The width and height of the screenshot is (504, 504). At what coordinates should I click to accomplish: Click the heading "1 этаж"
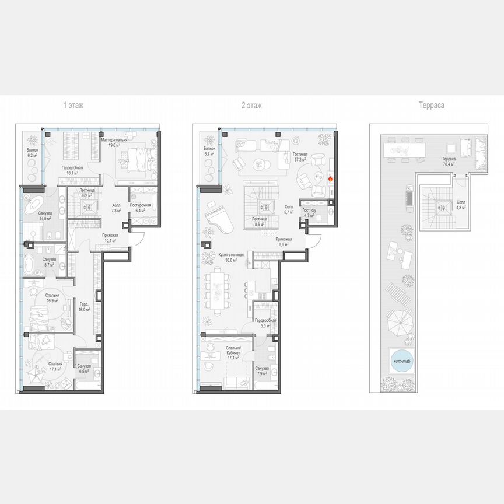73,106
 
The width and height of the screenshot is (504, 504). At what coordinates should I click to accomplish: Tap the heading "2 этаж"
251,106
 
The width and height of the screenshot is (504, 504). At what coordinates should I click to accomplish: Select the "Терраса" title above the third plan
432,106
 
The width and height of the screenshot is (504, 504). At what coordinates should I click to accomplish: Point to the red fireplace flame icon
331,180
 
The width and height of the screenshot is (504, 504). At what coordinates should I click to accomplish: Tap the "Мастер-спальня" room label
114,140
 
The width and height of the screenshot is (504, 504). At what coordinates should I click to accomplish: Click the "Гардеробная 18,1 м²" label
73,170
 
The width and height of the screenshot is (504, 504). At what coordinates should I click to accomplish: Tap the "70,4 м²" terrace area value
448,165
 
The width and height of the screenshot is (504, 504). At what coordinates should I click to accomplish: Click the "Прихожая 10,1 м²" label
106,237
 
